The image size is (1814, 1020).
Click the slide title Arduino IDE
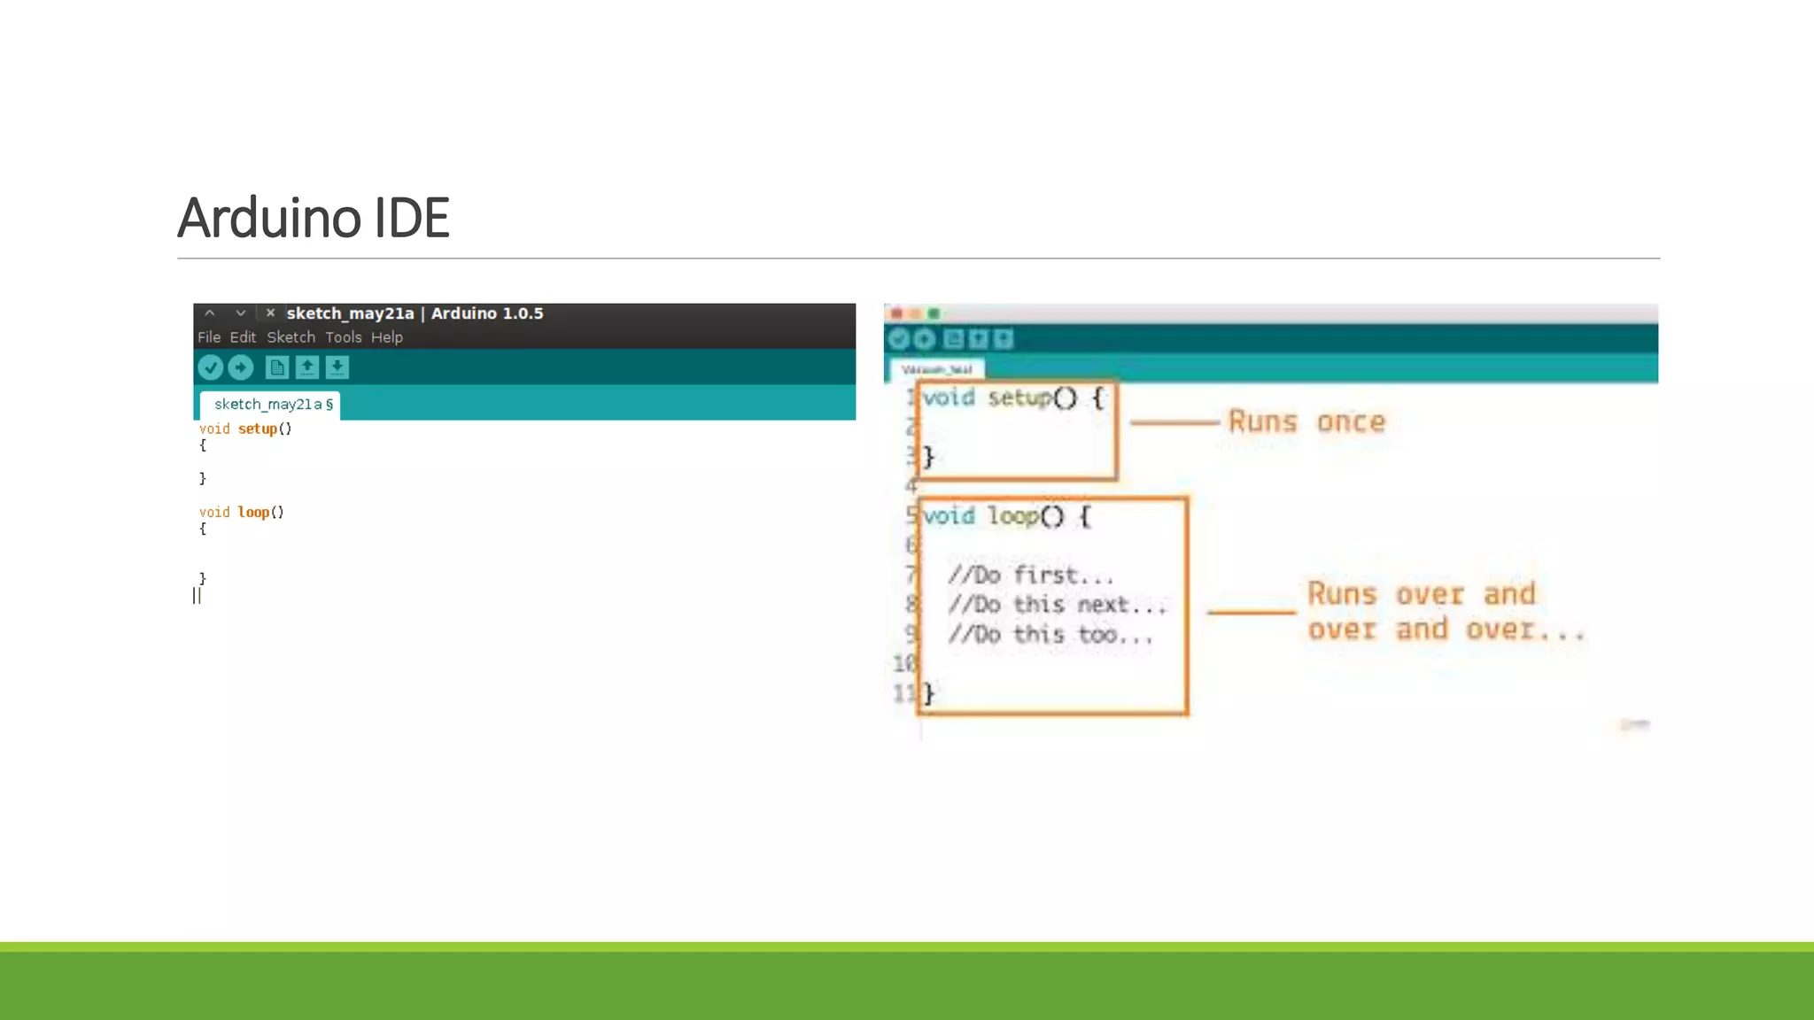pyautogui.click(x=314, y=218)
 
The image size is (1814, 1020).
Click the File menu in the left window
pyautogui.click(x=209, y=337)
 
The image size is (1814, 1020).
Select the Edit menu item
pyautogui.click(x=243, y=337)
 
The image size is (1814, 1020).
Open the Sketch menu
pyautogui.click(x=291, y=337)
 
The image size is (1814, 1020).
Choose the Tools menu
pyautogui.click(x=343, y=337)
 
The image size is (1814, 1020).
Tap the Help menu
pyautogui.click(x=386, y=337)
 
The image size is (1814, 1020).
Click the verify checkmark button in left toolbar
pyautogui.click(x=211, y=367)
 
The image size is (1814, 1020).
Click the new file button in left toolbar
pyautogui.click(x=276, y=367)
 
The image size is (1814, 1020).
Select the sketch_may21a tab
pyautogui.click(x=269, y=405)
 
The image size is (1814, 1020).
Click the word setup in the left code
pyautogui.click(x=257, y=429)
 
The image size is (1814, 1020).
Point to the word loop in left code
pyautogui.click(x=253, y=513)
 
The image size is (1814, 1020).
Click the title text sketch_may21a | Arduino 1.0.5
pyautogui.click(x=415, y=313)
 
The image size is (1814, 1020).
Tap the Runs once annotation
pyautogui.click(x=1306, y=421)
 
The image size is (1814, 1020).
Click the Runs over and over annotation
pyautogui.click(x=1444, y=612)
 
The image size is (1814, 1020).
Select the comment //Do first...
pyautogui.click(x=1029, y=576)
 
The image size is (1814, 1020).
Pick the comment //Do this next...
pyautogui.click(x=1056, y=605)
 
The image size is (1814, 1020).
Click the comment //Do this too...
pyautogui.click(x=1049, y=635)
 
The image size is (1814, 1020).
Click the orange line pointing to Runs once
pyautogui.click(x=1174, y=423)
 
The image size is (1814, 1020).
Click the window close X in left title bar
pyautogui.click(x=270, y=313)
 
